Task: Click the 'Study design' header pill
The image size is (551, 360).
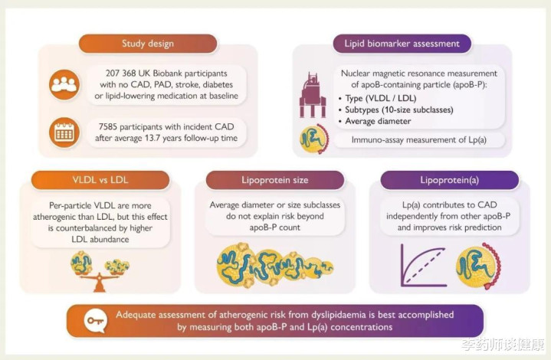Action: (148, 44)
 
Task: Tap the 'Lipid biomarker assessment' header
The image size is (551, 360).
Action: (402, 44)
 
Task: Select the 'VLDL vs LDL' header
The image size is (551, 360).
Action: (100, 180)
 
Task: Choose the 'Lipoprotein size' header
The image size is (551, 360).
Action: (275, 180)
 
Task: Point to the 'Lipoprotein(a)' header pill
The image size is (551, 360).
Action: (449, 180)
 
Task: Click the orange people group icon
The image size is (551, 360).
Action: (64, 85)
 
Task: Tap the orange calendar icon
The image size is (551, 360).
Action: (64, 133)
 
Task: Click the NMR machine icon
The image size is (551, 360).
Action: (313, 95)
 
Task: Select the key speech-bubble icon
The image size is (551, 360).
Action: (95, 321)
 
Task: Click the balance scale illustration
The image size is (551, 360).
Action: (100, 271)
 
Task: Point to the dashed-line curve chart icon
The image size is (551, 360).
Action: (424, 266)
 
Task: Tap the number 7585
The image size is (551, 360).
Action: (107, 127)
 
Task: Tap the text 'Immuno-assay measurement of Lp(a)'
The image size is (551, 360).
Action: (419, 139)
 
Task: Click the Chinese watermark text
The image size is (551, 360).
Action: (503, 345)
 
